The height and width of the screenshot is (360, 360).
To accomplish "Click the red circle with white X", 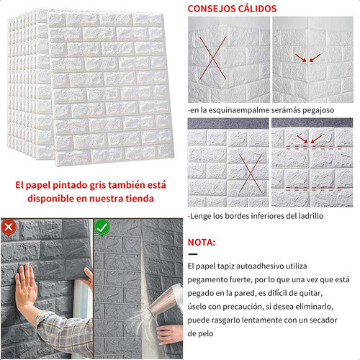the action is (x=9, y=227).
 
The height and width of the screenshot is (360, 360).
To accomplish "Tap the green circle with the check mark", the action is (x=102, y=227).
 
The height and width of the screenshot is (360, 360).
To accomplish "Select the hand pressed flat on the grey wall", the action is (x=26, y=283).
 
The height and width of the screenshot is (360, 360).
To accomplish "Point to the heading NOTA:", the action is (x=202, y=243).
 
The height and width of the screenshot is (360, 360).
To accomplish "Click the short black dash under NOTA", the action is (x=193, y=254).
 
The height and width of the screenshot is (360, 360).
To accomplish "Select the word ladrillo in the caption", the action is (x=310, y=216).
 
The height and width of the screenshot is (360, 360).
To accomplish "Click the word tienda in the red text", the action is (x=140, y=199).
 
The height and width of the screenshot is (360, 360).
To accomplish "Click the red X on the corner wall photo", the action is (x=213, y=58).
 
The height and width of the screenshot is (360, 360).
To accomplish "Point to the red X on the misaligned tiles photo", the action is (x=251, y=173).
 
